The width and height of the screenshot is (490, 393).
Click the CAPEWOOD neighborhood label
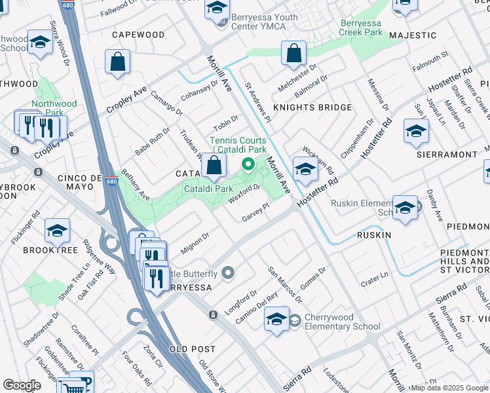138,34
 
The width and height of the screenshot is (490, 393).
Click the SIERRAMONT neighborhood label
447,155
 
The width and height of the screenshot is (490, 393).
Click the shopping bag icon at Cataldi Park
214,166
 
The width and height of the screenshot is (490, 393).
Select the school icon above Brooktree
57,230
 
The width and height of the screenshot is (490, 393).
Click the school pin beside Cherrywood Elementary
276,319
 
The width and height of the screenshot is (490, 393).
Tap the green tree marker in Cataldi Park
248,164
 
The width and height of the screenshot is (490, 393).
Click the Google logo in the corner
22,385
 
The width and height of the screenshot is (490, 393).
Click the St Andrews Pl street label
258,102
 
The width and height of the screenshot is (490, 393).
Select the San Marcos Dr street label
285,285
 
